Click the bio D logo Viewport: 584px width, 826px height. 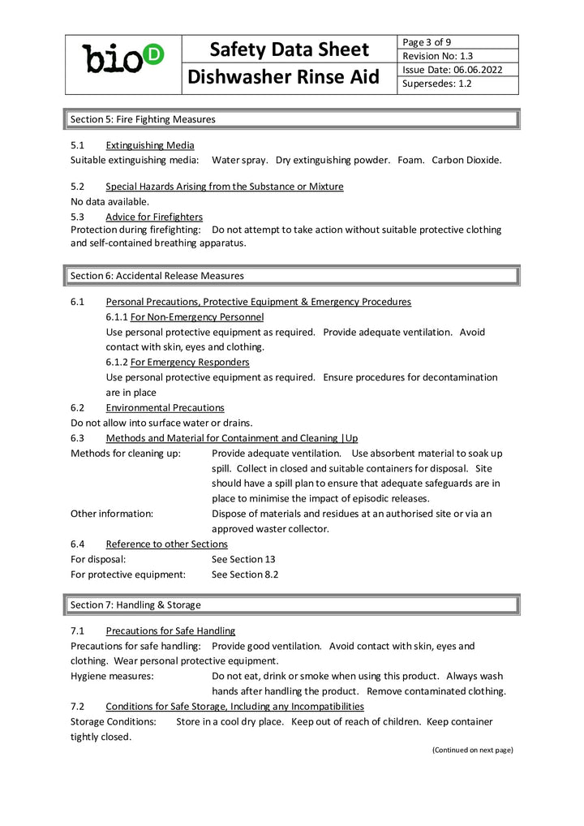tap(123, 58)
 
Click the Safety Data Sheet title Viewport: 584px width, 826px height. tap(289, 49)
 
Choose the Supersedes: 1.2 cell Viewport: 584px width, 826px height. tap(437, 84)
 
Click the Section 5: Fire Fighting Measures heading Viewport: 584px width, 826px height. tap(144, 119)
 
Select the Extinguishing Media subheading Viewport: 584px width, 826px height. tap(150, 145)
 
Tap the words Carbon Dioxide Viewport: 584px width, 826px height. tap(466, 160)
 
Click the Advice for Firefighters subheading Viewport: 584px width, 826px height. tap(154, 217)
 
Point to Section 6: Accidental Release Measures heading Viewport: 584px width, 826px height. tap(157, 276)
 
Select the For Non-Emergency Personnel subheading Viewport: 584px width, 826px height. tap(197, 316)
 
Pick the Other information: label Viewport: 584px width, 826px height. tap(112, 514)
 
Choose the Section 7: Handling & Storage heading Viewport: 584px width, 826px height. tap(135, 604)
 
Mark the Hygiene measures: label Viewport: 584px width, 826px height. tap(112, 676)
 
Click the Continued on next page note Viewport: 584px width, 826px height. tap(472, 750)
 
